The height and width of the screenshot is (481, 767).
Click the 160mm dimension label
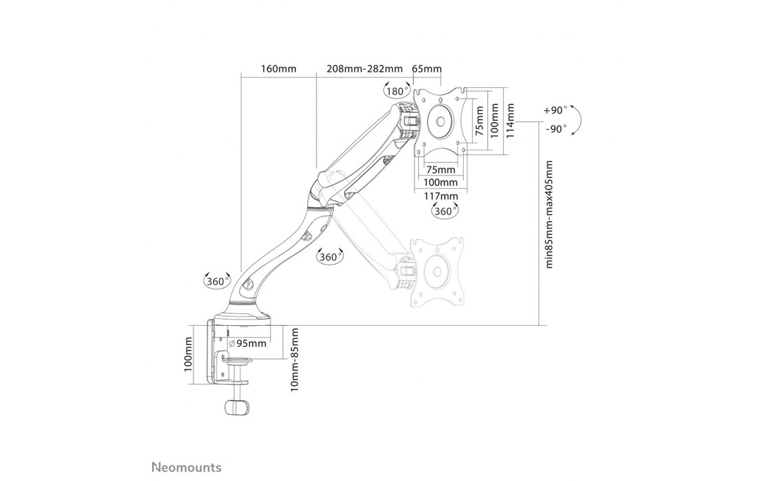pyautogui.click(x=279, y=69)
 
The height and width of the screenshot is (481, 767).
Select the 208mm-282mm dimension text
pyautogui.click(x=365, y=69)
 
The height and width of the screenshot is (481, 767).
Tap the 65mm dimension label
pyautogui.click(x=427, y=69)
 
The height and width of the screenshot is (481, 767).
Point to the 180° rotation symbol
pyautogui.click(x=397, y=90)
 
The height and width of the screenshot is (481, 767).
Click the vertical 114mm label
pyautogui.click(x=511, y=120)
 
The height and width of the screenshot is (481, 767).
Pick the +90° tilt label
pyautogui.click(x=555, y=110)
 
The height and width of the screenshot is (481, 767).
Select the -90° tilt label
pyautogui.click(x=556, y=129)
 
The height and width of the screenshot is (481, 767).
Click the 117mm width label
pyautogui.click(x=441, y=196)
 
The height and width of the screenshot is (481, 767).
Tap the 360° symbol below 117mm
pyautogui.click(x=445, y=210)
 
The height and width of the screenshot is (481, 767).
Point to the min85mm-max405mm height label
pyautogui.click(x=549, y=214)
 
